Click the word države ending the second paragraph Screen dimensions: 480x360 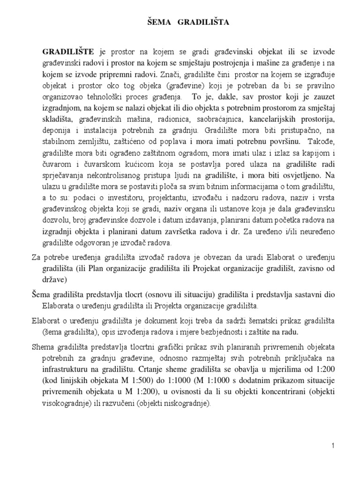pyautogui.click(x=55, y=280)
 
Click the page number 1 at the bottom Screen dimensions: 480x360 pyautogui.click(x=332, y=447)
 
